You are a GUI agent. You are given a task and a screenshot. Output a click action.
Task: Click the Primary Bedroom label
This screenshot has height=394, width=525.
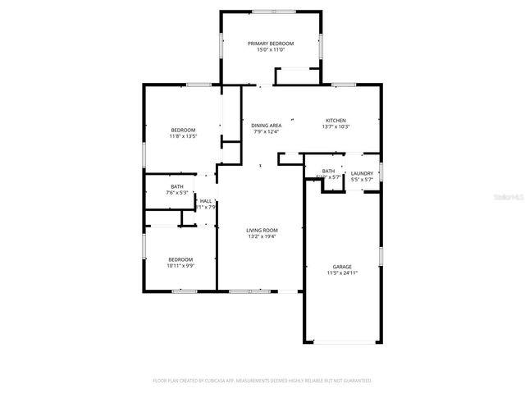pos(271,44)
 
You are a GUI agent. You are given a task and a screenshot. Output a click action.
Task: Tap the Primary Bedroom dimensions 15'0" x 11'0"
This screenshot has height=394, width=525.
pos(271,50)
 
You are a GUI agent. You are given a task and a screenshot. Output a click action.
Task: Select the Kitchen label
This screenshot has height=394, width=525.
pos(336,120)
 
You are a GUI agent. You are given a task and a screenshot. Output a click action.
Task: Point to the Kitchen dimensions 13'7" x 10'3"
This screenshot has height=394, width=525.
pos(336,126)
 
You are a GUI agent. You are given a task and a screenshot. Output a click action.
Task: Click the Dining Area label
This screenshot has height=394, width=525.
pos(267,125)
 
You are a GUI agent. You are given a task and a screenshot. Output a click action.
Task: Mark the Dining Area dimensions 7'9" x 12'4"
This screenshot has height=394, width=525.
pos(267,131)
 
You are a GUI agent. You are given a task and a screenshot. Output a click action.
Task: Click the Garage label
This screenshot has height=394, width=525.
pos(342,267)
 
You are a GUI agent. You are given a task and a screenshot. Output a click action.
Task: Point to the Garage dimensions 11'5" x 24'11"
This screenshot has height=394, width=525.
pos(342,273)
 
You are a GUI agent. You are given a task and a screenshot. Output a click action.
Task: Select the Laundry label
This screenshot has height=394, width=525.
pos(362,173)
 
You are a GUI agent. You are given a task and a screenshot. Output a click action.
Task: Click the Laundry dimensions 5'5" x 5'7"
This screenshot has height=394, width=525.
pos(362,179)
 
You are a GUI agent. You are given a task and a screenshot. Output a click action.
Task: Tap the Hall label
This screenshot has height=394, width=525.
pos(206,201)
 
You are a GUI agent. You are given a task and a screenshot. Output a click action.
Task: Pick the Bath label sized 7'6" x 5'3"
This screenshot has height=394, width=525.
pos(177,186)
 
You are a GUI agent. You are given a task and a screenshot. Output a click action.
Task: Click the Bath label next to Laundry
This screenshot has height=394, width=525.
pos(328,171)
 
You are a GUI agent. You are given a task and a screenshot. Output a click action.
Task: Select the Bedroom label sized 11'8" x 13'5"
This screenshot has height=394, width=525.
pos(183,131)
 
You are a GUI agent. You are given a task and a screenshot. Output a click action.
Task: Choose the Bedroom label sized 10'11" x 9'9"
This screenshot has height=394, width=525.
pos(180,259)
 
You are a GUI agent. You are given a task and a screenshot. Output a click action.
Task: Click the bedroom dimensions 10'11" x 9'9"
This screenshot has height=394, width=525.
pos(180,266)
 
